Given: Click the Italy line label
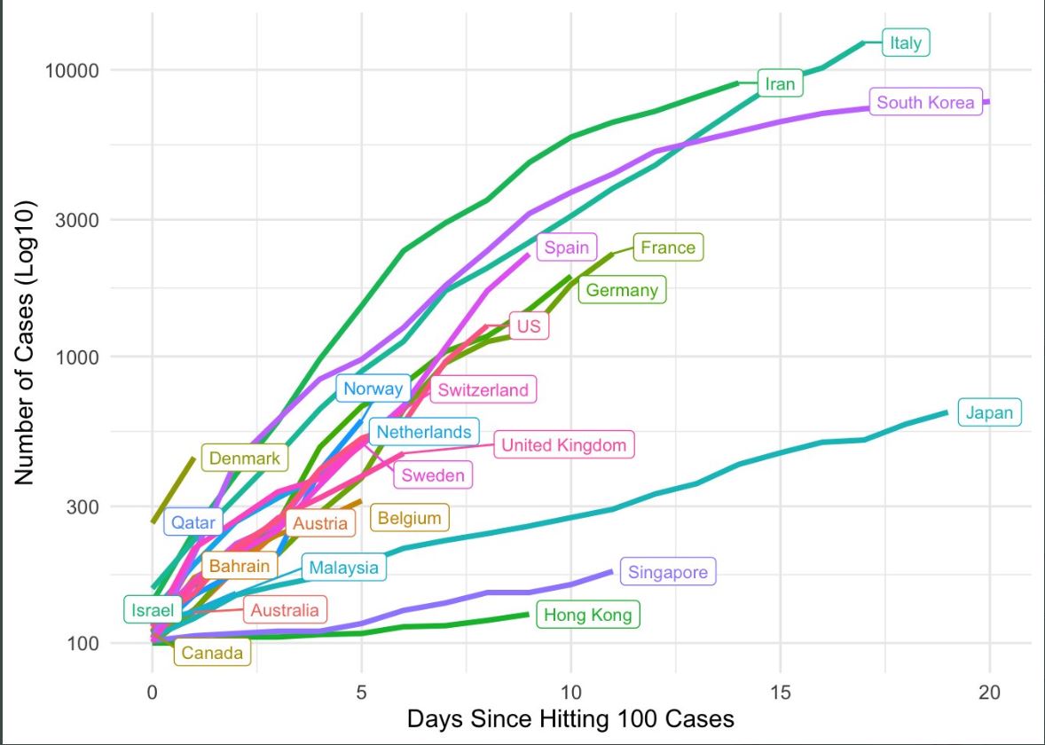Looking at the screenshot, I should [906, 43].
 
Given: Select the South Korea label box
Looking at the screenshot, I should [925, 103].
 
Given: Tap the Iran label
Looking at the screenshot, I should [780, 84].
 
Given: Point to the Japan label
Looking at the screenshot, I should [989, 412].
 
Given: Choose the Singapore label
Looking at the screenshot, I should [668, 572].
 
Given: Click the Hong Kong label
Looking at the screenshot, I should [587, 615].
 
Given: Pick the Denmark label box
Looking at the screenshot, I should [244, 459].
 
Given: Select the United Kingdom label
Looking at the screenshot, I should [563, 445].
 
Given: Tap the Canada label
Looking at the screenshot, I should [212, 654].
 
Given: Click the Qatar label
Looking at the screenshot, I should [192, 522].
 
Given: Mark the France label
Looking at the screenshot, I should [668, 247].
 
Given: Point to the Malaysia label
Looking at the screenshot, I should [344, 568].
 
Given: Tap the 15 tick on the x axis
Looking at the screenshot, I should [780, 692].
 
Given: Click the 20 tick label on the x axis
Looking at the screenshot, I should [989, 692].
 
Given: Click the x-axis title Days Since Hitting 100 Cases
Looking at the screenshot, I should [570, 718].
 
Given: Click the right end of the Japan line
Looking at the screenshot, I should [947, 412].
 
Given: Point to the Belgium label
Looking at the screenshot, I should [409, 518].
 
